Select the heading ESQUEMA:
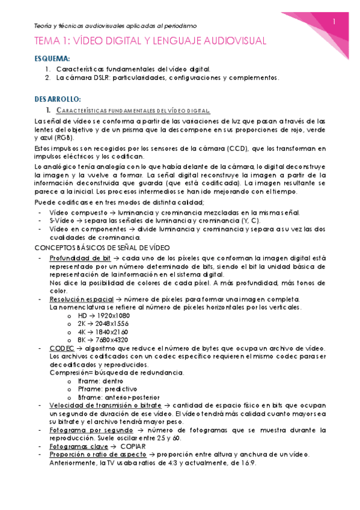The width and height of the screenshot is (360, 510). (x=53, y=59)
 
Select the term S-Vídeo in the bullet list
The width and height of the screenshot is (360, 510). (x=61, y=221)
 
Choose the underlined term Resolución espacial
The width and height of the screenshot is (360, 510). (x=79, y=299)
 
